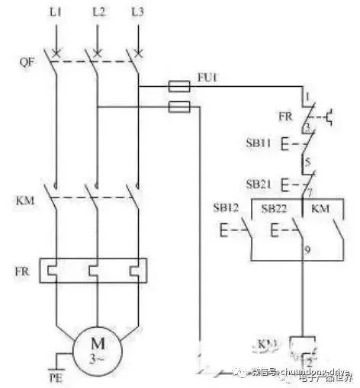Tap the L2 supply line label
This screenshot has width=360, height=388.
[x=97, y=13]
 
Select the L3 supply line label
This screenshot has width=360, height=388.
[x=137, y=13]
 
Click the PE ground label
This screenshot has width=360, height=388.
[x=53, y=377]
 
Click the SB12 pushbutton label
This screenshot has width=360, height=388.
[x=229, y=208]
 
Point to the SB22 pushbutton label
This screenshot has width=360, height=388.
[x=274, y=208]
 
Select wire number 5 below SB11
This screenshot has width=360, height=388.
[x=307, y=162]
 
